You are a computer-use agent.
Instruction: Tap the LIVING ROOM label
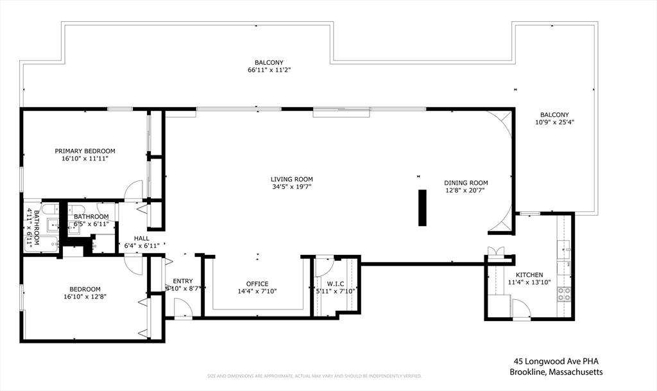pyautogui.click(x=291, y=179)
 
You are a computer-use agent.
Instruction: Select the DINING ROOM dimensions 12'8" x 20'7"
pyautogui.click(x=466, y=191)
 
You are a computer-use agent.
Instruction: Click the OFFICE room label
pyautogui.click(x=257, y=284)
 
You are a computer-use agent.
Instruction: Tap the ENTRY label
pyautogui.click(x=182, y=281)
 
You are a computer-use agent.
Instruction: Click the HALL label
pyautogui.click(x=141, y=238)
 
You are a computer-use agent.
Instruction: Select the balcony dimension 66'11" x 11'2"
pyautogui.click(x=269, y=70)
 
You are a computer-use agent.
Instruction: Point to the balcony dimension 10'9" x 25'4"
pyautogui.click(x=554, y=122)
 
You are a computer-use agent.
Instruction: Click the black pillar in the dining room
pyautogui.click(x=422, y=207)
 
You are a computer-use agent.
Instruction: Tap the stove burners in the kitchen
pyautogui.click(x=564, y=293)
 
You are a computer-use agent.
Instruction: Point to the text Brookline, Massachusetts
pyautogui.click(x=556, y=372)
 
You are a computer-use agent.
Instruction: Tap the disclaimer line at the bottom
pyautogui.click(x=314, y=376)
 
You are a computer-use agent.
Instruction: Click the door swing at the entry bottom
pyautogui.click(x=183, y=308)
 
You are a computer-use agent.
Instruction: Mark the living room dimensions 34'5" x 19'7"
pyautogui.click(x=291, y=187)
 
